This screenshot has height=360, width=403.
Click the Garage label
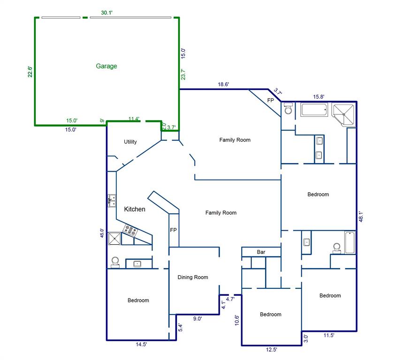106,66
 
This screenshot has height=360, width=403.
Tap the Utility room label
130,142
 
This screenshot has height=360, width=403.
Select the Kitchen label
135,210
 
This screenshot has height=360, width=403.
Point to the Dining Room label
193,277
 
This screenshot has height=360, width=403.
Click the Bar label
261,252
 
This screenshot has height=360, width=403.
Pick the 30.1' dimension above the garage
106,13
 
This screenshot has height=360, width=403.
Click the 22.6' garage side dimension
30,71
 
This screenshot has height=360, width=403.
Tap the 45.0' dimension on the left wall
102,233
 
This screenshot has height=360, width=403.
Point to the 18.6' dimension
223,84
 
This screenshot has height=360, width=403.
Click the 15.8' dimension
319,97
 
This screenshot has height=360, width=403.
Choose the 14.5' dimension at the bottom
141,345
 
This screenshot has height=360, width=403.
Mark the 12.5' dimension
271,350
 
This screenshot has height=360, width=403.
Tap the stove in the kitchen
130,230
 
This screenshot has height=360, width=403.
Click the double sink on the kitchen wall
112,201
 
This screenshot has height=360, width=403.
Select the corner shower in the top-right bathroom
344,114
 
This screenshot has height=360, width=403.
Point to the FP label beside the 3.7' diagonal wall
271,100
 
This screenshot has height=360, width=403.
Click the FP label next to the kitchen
173,230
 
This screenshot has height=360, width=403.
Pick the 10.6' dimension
237,320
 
